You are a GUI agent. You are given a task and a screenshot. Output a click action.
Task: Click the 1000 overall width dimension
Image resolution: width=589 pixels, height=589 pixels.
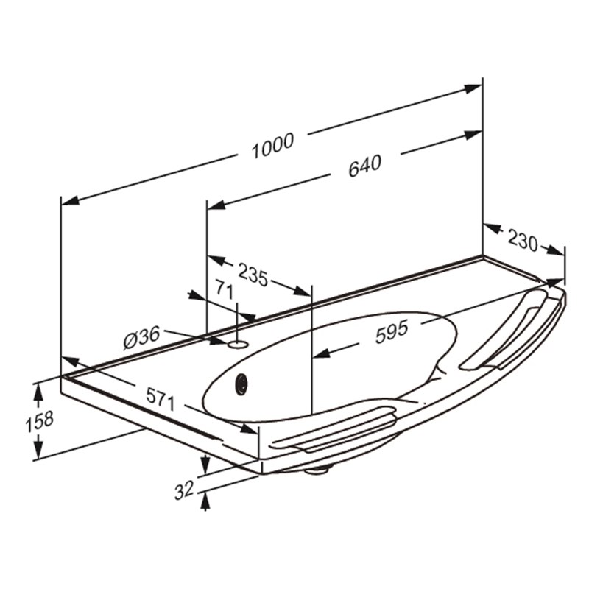click(272, 145)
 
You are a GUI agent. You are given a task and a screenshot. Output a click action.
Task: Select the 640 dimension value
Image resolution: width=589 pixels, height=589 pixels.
click(364, 166)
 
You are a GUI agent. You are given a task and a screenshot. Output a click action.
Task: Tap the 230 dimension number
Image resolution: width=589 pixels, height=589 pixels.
click(523, 241)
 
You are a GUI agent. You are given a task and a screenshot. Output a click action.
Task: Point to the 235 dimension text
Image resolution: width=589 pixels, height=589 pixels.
click(253, 274)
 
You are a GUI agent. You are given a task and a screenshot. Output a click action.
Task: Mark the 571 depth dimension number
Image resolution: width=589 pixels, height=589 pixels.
click(161, 399)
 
